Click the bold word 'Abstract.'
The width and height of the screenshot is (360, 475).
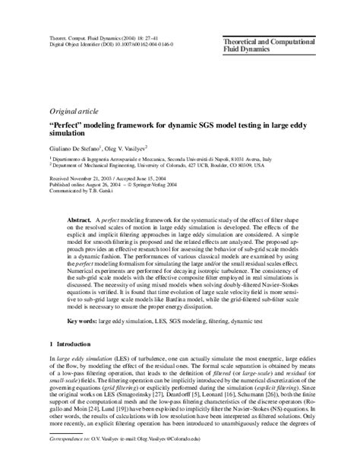[x=81, y=218]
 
